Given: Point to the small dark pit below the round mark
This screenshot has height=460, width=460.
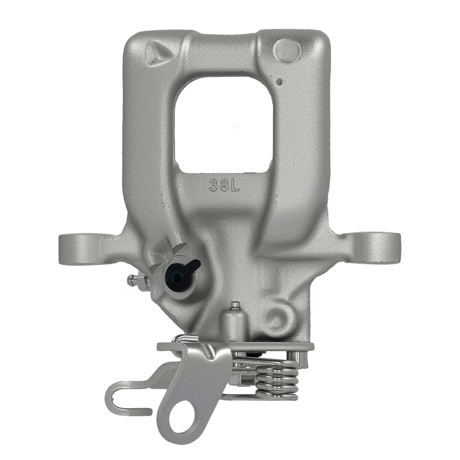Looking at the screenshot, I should pyautogui.click(x=278, y=81).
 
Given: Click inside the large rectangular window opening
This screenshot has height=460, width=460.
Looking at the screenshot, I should pyautogui.click(x=224, y=124).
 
